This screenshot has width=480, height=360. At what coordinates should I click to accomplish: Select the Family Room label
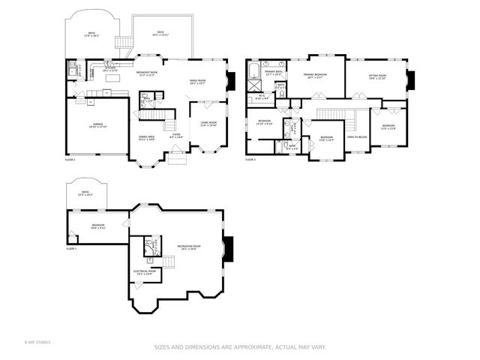(198, 82)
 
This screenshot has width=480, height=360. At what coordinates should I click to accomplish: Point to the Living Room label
(208, 124)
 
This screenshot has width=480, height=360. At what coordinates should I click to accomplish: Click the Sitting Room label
(376, 76)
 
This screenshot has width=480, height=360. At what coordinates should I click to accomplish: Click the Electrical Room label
(144, 272)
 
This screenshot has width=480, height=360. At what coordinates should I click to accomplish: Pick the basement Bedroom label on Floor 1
(98, 226)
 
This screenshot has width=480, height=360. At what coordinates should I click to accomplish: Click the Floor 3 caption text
(250, 160)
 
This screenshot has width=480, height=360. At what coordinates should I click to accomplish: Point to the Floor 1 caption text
(71, 247)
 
